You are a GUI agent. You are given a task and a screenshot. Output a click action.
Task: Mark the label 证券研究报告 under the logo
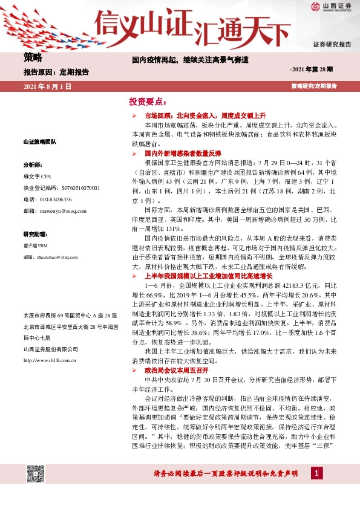click(332, 45)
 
